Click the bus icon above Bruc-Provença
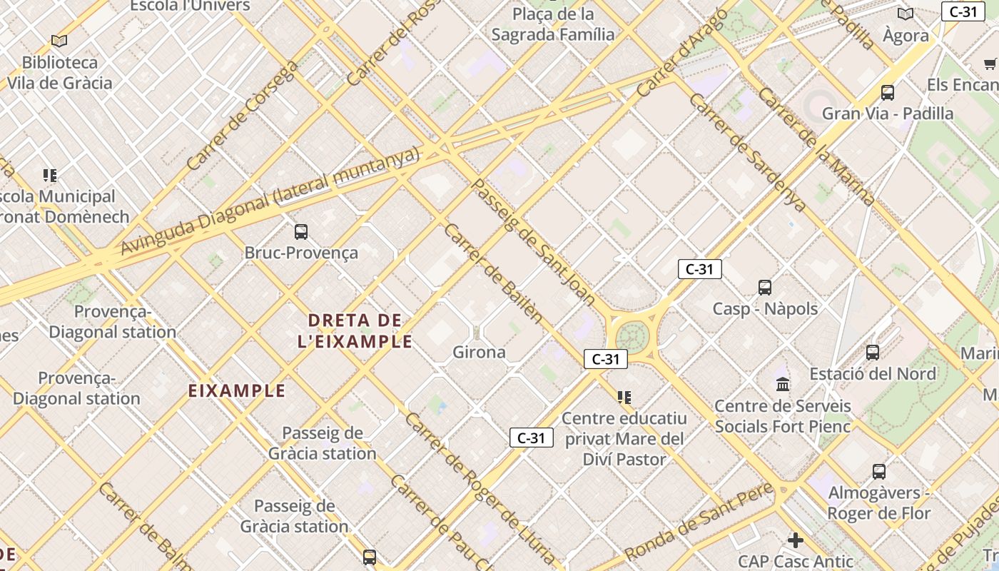pos(301,231)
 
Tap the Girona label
pos(479,352)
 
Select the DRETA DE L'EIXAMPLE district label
pos(355,330)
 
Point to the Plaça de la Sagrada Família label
pos(553,24)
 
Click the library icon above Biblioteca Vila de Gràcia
pos(59,41)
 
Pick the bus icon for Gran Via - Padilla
pos(888,92)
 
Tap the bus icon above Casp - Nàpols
pos(765,288)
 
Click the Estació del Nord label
pos(872,373)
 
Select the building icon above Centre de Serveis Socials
pos(783,384)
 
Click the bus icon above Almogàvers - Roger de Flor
pos(879,471)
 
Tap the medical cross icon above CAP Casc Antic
pos(796,540)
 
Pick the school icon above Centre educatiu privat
pos(624,397)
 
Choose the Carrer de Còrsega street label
pos(242,116)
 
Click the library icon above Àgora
pos(906,14)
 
